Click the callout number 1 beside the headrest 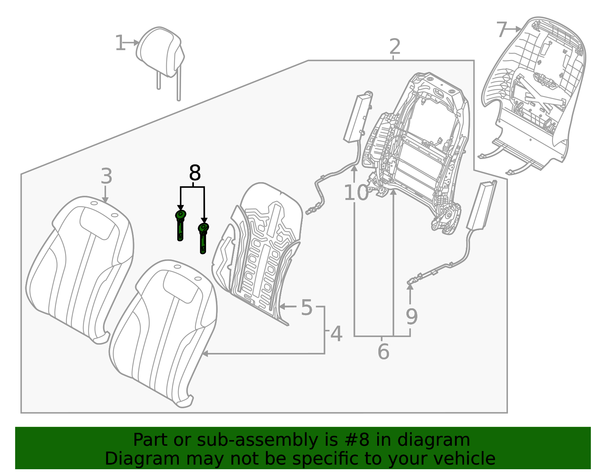(120, 43)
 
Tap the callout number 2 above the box (395, 47)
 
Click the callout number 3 (106, 176)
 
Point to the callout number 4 (336, 334)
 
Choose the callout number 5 (307, 307)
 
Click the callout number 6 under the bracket (383, 352)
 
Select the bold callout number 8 (194, 173)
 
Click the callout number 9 (411, 317)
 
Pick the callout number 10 (356, 193)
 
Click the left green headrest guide (180, 225)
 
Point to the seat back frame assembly (420, 148)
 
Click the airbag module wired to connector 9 (481, 206)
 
